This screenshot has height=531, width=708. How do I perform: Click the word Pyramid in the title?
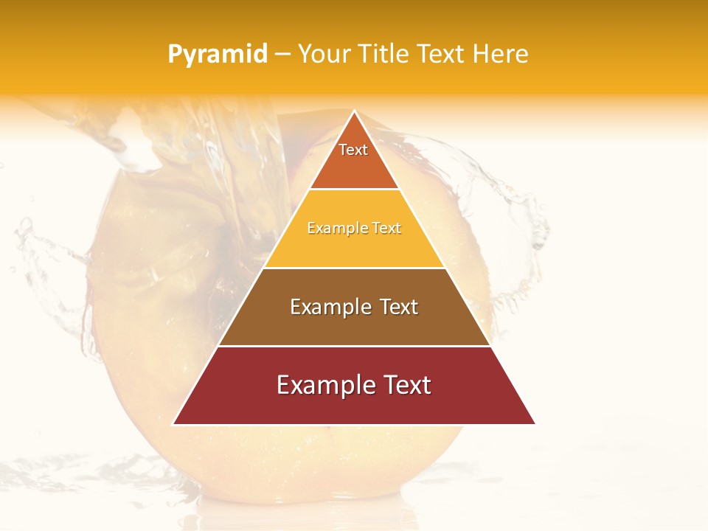point(217,55)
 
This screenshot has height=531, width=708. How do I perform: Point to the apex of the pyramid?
point(354,112)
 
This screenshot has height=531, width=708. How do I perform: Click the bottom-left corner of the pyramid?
point(173,424)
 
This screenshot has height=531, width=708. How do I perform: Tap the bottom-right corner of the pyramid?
point(535,424)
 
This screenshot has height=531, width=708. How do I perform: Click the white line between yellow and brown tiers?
point(354,268)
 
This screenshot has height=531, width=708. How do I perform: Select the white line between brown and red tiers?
point(354,346)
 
